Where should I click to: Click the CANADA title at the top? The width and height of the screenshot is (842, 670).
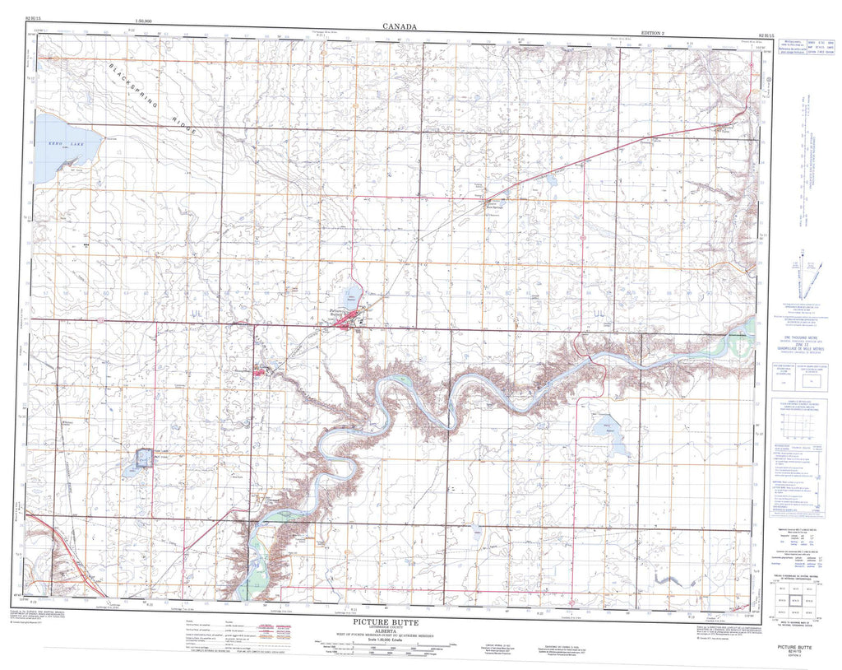(x=400, y=26)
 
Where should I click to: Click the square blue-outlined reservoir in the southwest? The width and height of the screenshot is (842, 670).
(x=143, y=458)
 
